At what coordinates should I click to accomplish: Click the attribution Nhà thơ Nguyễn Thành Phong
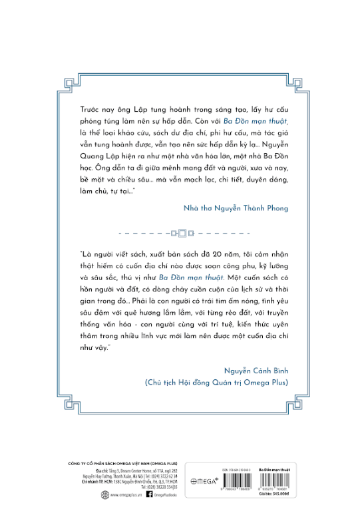237,208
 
